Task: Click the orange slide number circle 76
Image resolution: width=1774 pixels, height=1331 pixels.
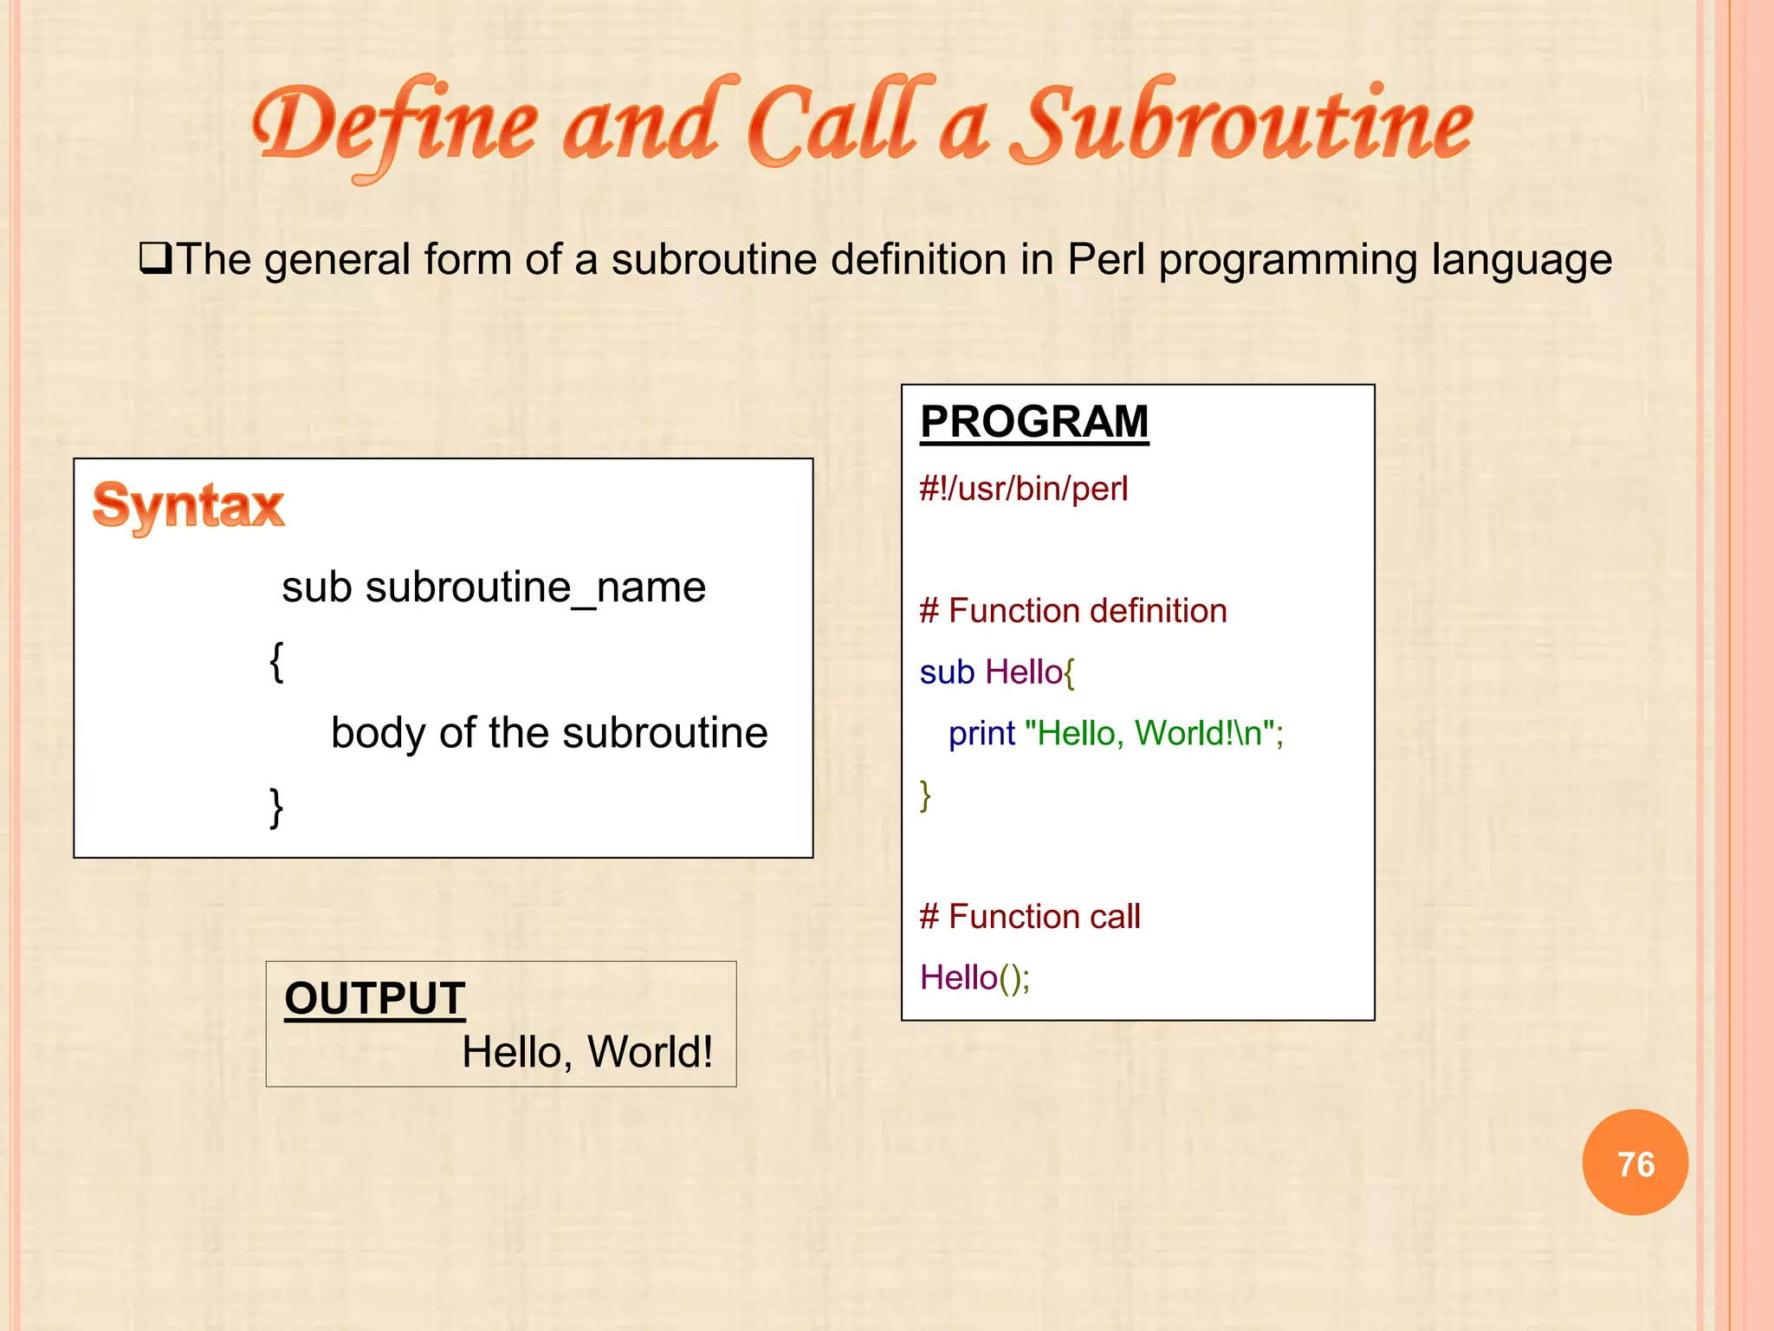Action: [1635, 1163]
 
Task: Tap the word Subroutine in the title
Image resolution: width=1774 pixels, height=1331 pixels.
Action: [1244, 126]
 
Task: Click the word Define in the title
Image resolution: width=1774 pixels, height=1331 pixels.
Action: [394, 126]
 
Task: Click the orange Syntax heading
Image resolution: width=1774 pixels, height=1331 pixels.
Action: [188, 505]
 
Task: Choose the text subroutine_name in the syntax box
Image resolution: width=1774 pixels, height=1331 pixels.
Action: [535, 588]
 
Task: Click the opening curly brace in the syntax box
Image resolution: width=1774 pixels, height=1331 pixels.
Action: [276, 662]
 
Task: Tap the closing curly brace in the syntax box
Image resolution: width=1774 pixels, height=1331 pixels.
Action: [276, 808]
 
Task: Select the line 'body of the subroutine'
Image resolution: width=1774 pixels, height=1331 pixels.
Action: [549, 733]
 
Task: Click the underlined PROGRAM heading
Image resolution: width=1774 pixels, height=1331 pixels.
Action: [1034, 423]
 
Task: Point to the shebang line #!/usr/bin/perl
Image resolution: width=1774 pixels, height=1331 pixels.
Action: [1024, 489]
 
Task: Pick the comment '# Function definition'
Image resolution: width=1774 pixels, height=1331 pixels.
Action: [1073, 611]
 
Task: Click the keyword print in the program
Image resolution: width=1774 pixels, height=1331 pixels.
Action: [981, 734]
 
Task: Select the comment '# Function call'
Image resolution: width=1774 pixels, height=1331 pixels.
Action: [1030, 917]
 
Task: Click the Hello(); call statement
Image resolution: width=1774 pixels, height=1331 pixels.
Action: [974, 977]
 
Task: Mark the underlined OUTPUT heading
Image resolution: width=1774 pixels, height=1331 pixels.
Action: [375, 998]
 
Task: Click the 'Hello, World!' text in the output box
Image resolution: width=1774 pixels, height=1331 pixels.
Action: [587, 1052]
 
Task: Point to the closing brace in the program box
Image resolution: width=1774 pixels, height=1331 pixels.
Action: [925, 795]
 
